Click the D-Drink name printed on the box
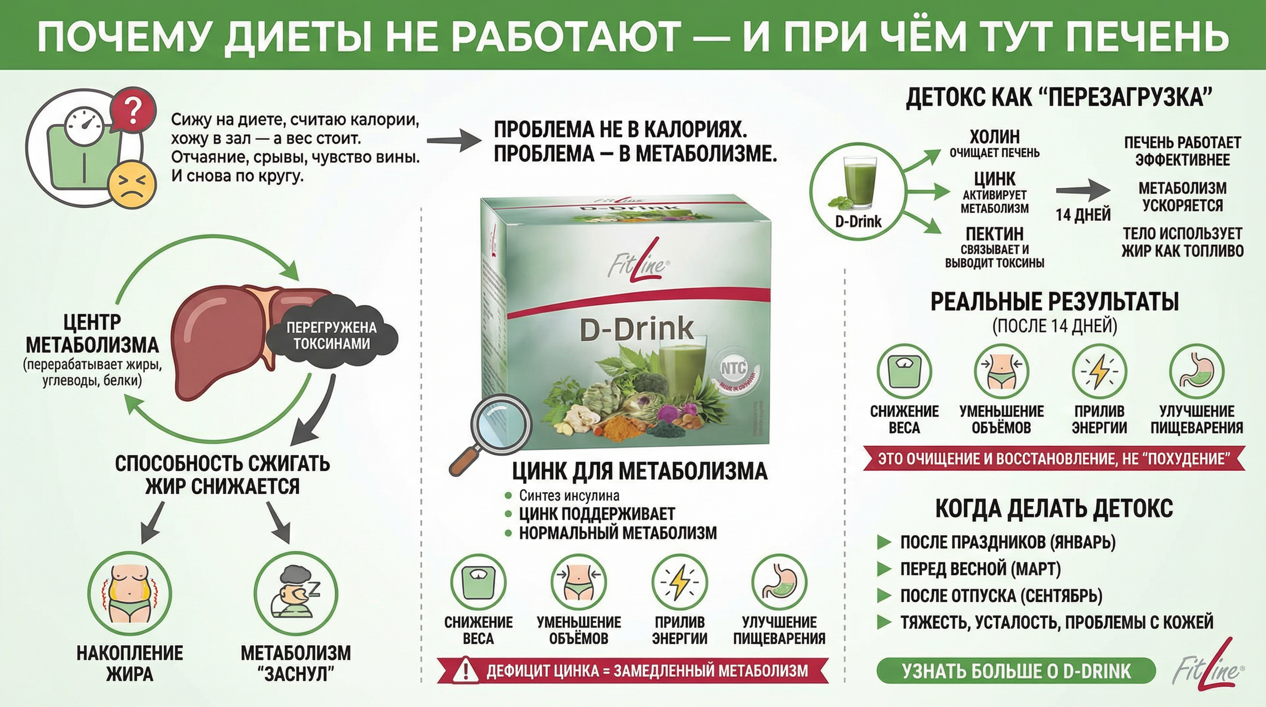point(636,330)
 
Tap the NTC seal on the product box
point(733,369)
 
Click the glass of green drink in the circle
point(857,185)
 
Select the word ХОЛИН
point(994,136)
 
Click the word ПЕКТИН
point(994,233)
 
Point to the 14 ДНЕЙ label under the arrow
point(1083,215)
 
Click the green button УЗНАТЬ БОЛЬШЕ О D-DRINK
point(1016,671)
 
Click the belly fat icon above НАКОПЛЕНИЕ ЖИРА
point(130,592)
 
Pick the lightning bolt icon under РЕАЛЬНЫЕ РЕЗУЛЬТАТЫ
point(1099,371)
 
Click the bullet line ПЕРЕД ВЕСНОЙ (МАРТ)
point(980,569)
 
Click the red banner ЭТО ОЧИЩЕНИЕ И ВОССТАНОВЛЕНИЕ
point(1054,459)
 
